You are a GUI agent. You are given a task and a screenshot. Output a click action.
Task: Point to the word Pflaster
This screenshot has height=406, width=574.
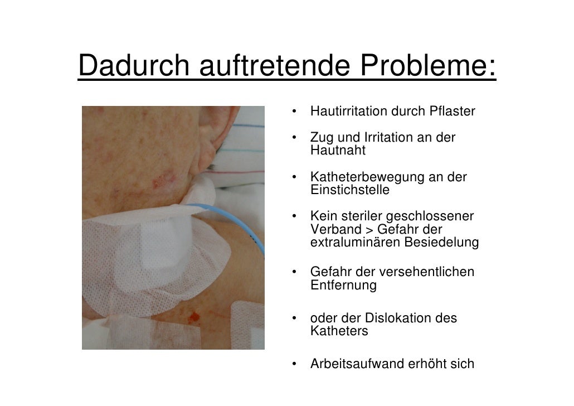453,112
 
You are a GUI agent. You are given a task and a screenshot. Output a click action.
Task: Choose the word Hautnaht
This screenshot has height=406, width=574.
338,151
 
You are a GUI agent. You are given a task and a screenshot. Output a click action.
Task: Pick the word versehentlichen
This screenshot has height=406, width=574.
427,272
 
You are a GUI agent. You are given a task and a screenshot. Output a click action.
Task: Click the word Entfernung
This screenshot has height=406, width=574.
343,286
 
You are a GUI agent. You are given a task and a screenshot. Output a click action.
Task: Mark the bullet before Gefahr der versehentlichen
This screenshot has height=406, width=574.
292,273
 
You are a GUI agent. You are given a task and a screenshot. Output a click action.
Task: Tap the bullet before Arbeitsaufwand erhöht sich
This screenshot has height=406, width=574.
292,365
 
